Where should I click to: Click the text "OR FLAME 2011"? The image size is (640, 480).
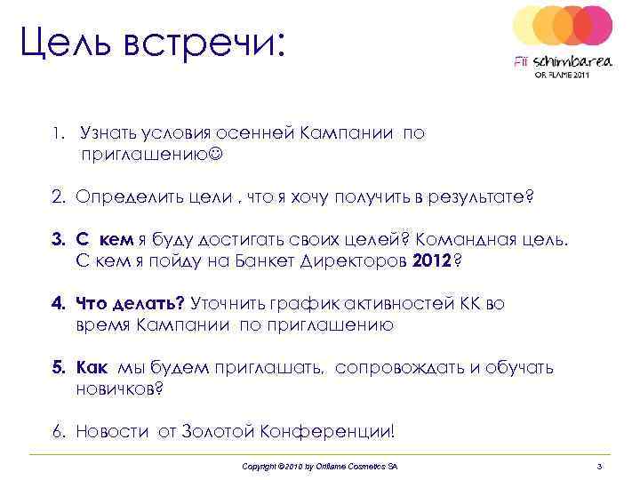[561, 76]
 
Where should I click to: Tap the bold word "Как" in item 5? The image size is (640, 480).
[92, 367]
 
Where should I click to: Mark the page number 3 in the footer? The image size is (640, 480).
[600, 467]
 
